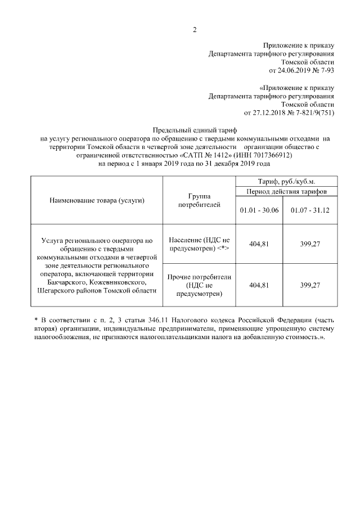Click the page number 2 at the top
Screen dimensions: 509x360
(194, 29)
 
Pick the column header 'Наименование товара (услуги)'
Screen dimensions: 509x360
(97, 201)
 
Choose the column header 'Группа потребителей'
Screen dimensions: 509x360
(199, 201)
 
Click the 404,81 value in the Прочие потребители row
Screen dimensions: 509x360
(260, 285)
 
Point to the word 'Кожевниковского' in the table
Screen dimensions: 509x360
(118, 281)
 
